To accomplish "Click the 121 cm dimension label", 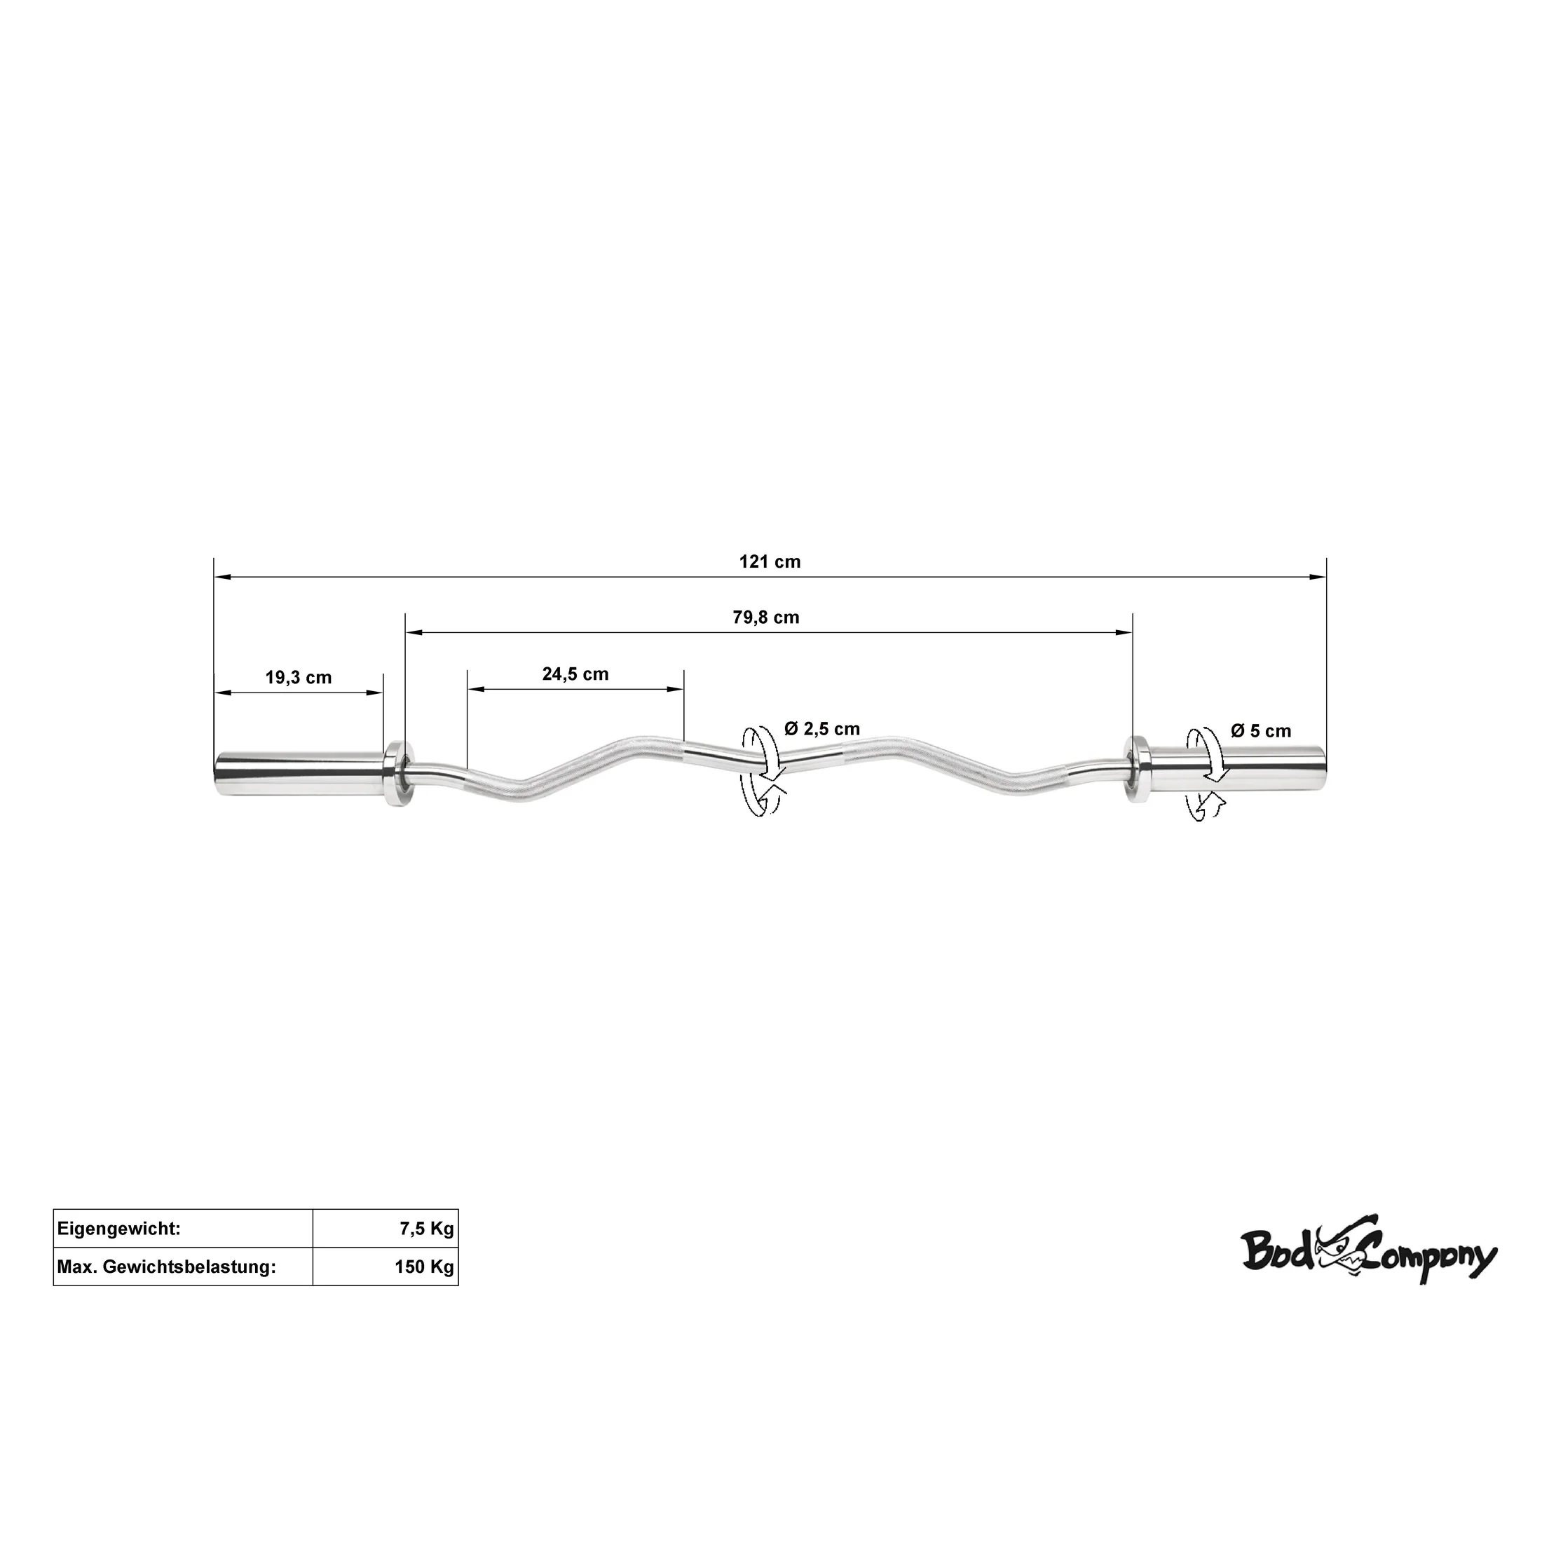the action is [x=770, y=562].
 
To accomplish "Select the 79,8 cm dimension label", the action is [x=766, y=618].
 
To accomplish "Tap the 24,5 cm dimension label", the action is [x=575, y=674].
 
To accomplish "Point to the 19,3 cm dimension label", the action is [x=299, y=678].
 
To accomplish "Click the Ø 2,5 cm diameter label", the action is [x=822, y=729].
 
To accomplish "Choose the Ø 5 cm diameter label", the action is [x=1261, y=730].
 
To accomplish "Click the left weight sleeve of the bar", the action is [x=299, y=772].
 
